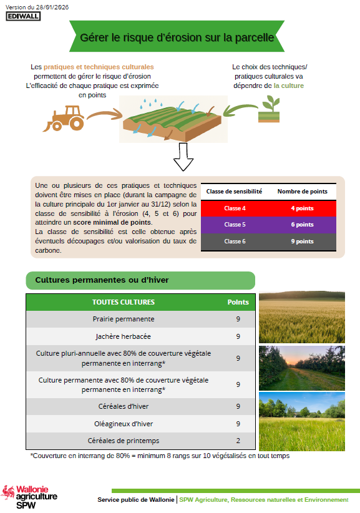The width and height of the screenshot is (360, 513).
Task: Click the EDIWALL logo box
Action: click(x=23, y=16)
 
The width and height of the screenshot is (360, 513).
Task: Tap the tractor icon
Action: click(x=64, y=119)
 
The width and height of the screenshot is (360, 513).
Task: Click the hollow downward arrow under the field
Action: click(x=183, y=157)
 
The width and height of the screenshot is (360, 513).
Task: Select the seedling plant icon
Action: click(x=269, y=109)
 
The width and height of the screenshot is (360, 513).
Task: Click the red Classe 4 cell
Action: click(x=235, y=208)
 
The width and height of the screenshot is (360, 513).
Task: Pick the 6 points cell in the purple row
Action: click(x=303, y=225)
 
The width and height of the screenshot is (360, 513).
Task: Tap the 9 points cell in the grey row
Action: click(x=303, y=242)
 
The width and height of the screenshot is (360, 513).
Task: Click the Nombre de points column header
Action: click(x=303, y=192)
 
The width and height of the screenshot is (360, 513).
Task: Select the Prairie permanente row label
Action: click(x=124, y=319)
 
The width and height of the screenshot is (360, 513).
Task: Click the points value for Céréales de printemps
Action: click(x=238, y=441)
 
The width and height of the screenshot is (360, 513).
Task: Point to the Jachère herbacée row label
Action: click(x=124, y=336)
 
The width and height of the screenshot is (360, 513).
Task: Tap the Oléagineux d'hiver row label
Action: click(x=124, y=424)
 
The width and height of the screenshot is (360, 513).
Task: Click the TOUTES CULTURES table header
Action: click(x=124, y=302)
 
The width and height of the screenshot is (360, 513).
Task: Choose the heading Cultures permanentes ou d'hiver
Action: click(x=102, y=280)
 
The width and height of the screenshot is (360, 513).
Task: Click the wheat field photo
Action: click(x=302, y=317)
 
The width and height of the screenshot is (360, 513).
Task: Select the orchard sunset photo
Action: click(x=302, y=368)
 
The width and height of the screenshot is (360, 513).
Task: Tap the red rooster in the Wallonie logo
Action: click(x=8, y=492)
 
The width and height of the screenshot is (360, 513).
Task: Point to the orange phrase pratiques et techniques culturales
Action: click(x=99, y=67)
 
